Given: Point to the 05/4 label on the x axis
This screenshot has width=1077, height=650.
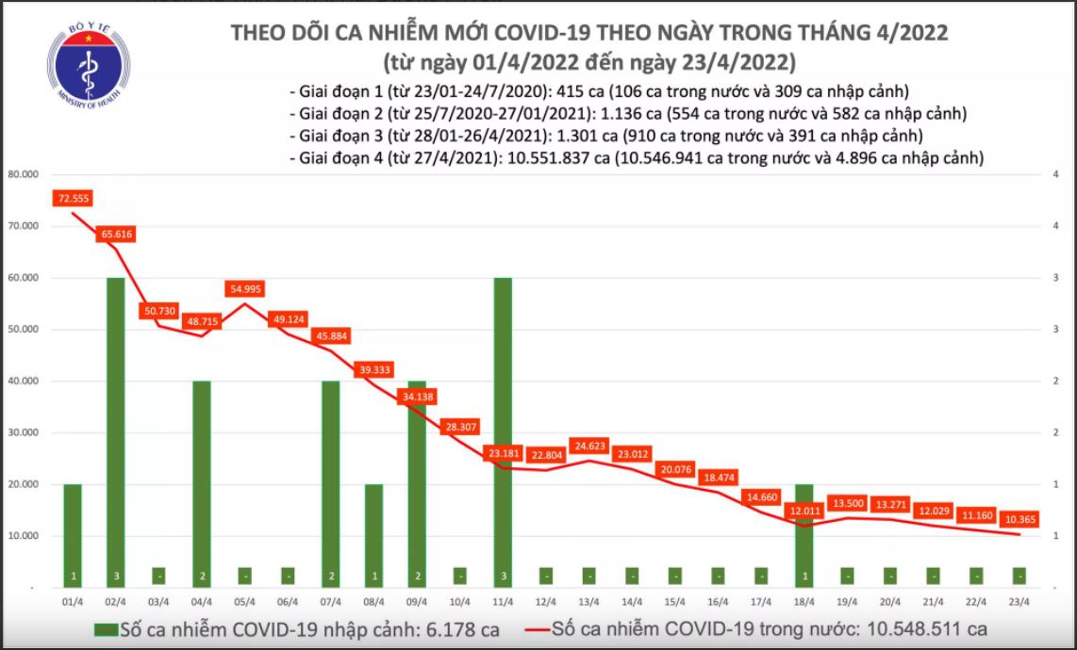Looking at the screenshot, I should coord(244,602).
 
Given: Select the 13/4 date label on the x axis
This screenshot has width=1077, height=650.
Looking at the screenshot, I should coord(588,602).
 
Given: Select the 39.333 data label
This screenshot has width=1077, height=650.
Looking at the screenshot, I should coord(373,371).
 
